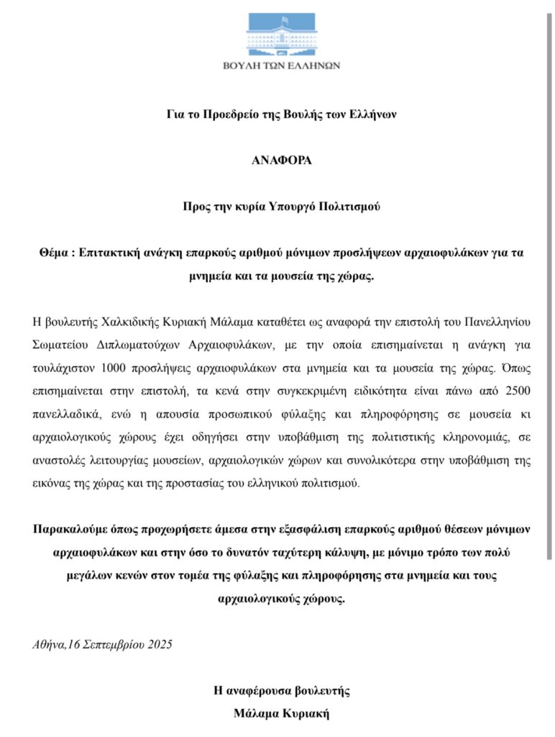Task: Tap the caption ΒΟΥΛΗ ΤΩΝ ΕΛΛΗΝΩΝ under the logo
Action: [281, 65]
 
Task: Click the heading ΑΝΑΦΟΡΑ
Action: [281, 160]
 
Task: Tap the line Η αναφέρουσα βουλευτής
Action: [281, 691]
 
